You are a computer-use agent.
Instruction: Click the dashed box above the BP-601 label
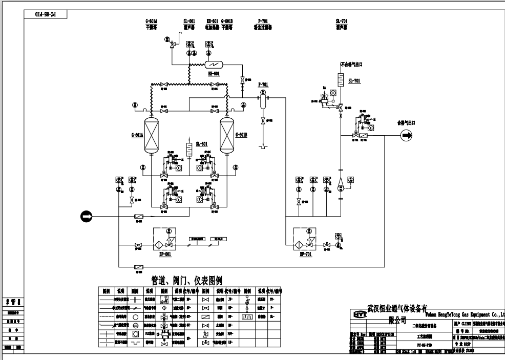(164, 240)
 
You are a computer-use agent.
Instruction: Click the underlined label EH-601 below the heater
(214, 74)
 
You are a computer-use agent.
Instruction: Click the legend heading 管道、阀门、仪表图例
(187, 281)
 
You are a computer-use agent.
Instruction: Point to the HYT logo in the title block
(360, 313)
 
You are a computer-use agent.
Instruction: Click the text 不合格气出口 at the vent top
(351, 65)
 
